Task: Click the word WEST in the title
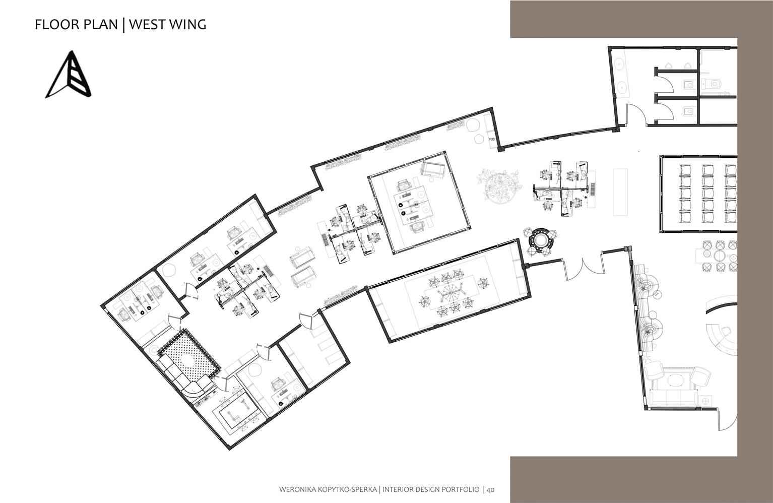click(x=147, y=25)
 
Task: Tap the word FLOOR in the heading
click(x=57, y=25)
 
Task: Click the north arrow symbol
click(x=69, y=75)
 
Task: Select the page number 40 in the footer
click(x=491, y=489)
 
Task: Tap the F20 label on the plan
click(x=492, y=139)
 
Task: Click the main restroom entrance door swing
click(x=636, y=114)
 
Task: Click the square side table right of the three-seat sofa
click(x=704, y=401)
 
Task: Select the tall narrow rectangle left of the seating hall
click(x=620, y=192)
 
